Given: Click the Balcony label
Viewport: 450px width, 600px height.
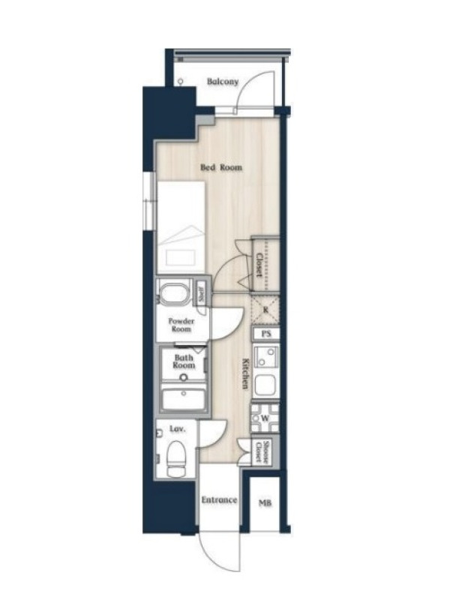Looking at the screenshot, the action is [223, 82].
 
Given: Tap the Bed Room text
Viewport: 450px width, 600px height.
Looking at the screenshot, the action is [221, 167].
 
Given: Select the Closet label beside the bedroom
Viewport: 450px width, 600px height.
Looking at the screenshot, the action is [259, 265].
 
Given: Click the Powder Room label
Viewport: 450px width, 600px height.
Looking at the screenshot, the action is [181, 325].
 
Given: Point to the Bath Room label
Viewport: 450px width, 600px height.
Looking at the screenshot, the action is [184, 361].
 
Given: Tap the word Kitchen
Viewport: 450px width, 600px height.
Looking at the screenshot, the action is [246, 373].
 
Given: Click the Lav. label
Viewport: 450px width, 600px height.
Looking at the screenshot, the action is [177, 429].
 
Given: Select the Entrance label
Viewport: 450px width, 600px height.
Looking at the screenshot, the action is [219, 500].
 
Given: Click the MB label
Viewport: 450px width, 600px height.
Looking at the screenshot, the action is [265, 502].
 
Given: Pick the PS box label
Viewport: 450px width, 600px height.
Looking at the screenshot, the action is [266, 334].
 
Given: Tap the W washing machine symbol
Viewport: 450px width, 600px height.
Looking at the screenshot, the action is [265, 418].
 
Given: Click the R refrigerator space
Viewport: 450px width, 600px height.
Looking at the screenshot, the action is [265, 310].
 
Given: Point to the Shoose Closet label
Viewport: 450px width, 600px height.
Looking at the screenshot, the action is [262, 451].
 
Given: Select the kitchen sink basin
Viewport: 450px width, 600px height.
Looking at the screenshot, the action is [265, 385].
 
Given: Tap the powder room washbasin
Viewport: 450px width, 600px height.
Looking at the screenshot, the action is [175, 292].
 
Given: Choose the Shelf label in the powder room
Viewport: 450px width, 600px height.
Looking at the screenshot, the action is [201, 294].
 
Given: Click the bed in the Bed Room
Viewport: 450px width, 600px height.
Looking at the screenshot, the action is [181, 227].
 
